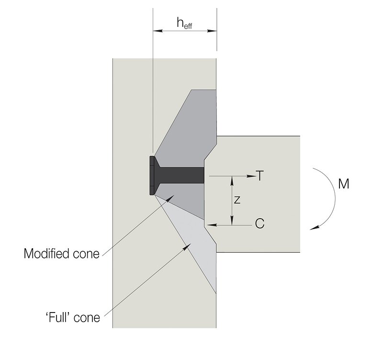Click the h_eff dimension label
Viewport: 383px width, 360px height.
(184, 23)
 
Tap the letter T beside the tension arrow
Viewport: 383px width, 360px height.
(260, 175)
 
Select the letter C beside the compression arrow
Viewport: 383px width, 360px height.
(259, 223)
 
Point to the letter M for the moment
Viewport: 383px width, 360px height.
(344, 184)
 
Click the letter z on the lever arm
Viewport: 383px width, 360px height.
(237, 200)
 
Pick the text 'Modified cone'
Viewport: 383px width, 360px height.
(62, 254)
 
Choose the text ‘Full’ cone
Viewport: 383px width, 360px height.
(73, 317)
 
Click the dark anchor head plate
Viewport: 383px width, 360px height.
(152, 175)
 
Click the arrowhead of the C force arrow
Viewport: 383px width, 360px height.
(212, 225)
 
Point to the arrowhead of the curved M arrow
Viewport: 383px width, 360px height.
(315, 228)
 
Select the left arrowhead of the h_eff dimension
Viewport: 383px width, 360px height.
(158, 31)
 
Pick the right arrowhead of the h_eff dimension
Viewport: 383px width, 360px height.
(212, 31)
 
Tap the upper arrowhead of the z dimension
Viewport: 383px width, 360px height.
(232, 181)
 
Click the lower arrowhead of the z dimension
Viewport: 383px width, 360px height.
(232, 220)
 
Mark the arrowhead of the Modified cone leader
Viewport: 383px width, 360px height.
(170, 198)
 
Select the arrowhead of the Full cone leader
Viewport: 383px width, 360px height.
(187, 247)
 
